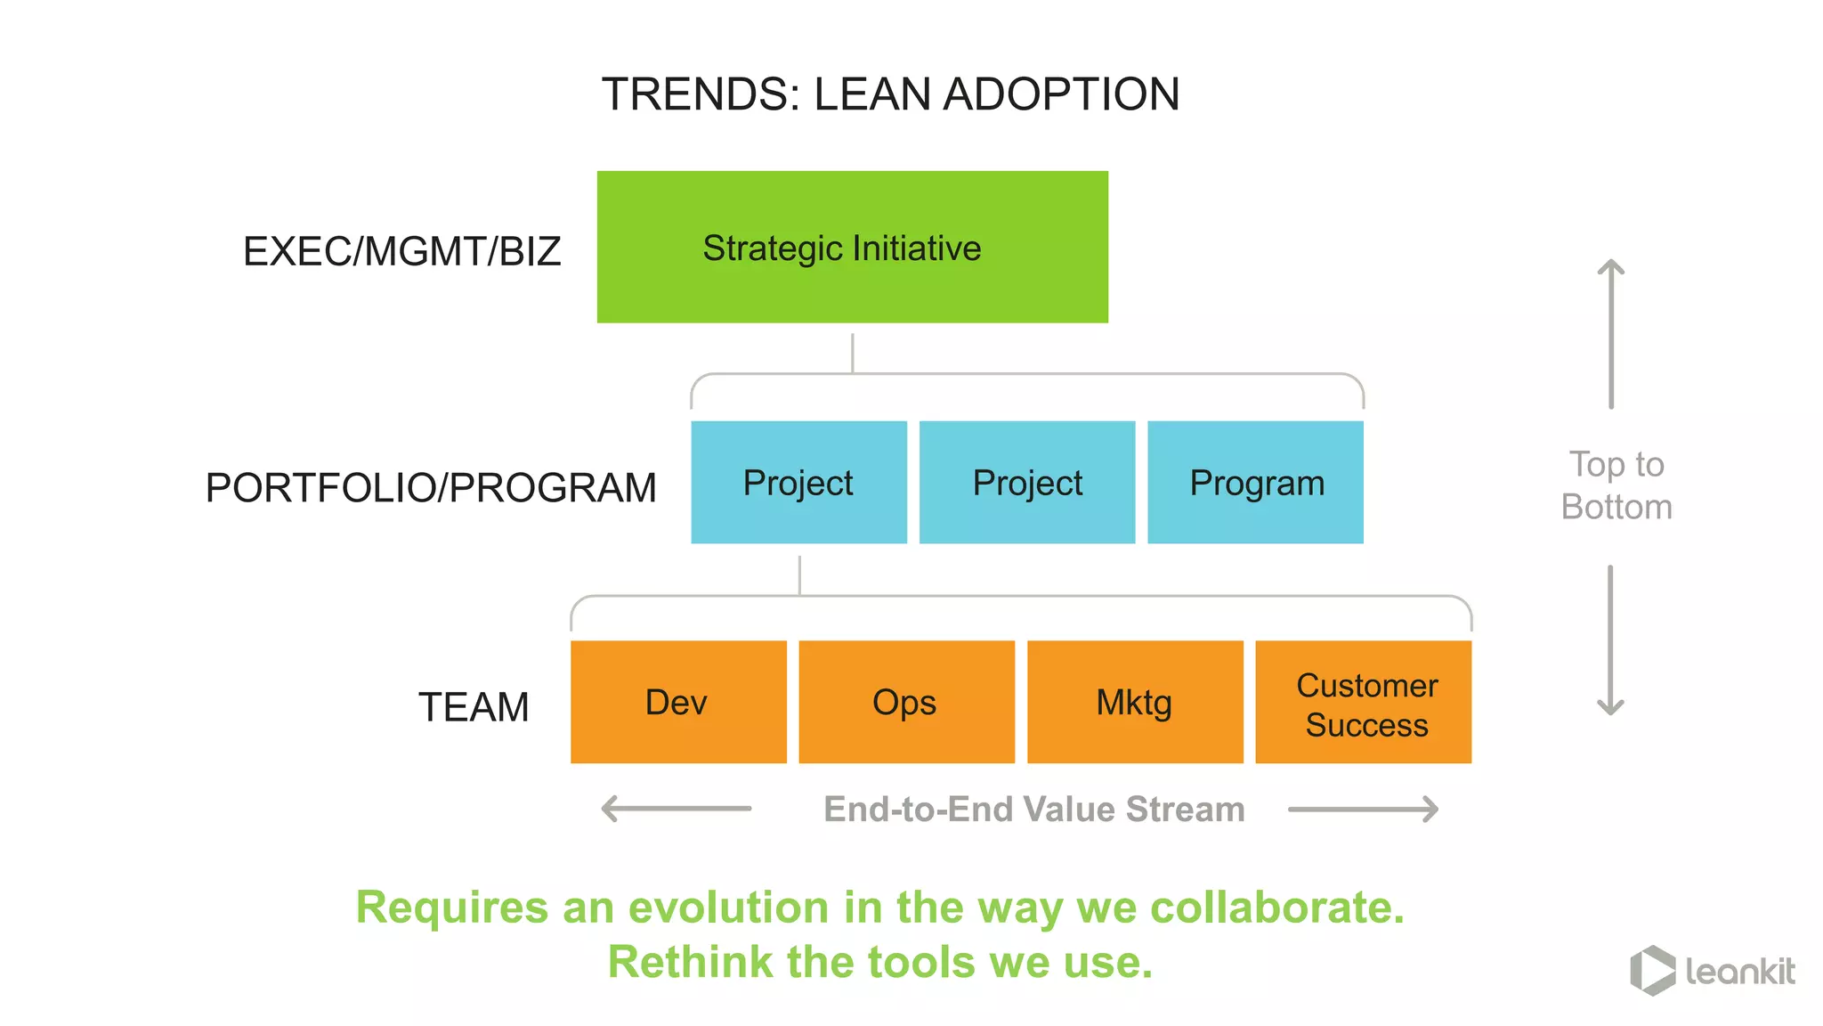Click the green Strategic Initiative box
[852, 247]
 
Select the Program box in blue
[1255, 482]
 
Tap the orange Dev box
[678, 702]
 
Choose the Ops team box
[906, 702]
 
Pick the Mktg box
[1135, 702]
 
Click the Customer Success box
[1363, 702]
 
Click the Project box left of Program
[1027, 482]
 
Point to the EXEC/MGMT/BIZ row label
[401, 251]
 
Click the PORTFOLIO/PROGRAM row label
[431, 487]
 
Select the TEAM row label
[474, 707]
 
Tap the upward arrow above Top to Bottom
[1611, 333]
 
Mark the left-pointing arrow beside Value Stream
[677, 809]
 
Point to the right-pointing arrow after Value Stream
[1363, 809]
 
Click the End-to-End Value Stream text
[1033, 809]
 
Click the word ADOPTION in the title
[1061, 94]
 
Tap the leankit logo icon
[1652, 970]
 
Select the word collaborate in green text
[1276, 908]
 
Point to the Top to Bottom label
[1616, 485]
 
